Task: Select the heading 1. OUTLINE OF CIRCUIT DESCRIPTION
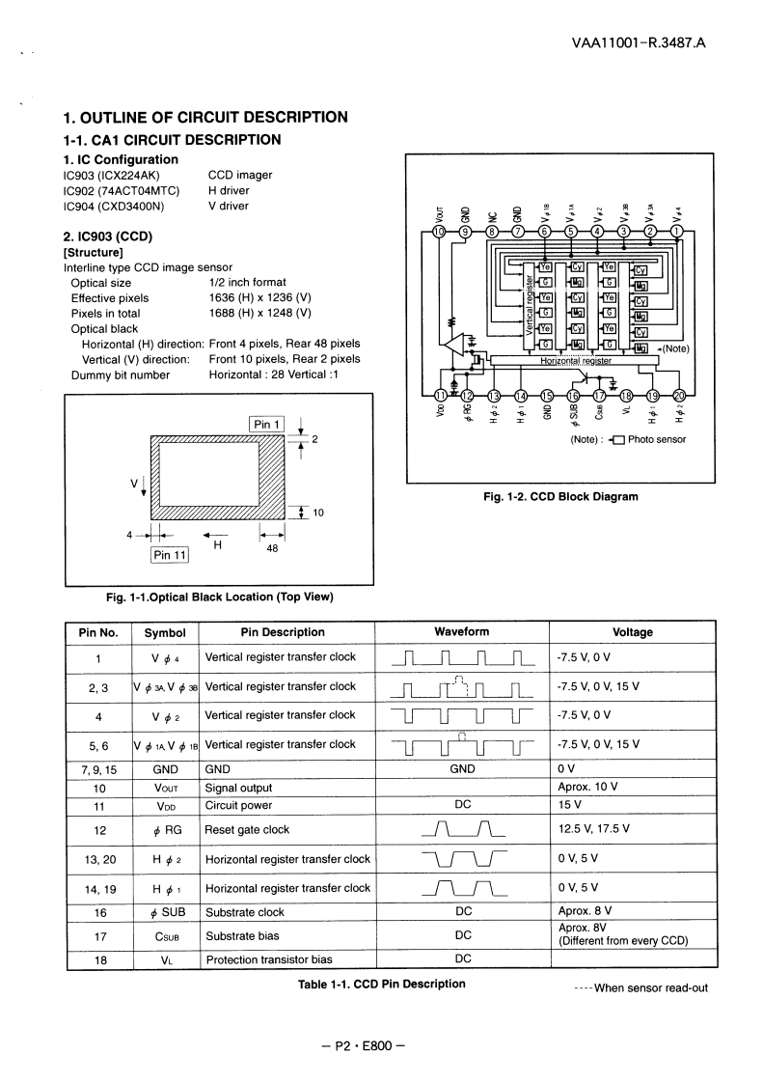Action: (204, 118)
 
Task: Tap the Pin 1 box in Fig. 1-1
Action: (266, 425)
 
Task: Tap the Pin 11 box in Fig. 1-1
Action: (170, 554)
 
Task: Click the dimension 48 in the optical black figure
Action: (272, 546)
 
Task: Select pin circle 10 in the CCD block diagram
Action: (440, 232)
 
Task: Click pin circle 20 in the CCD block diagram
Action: (678, 395)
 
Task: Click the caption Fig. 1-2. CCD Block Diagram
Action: (560, 497)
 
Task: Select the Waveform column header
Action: (461, 632)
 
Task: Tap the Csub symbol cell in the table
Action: (164, 935)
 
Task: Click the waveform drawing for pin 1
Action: (461, 659)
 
